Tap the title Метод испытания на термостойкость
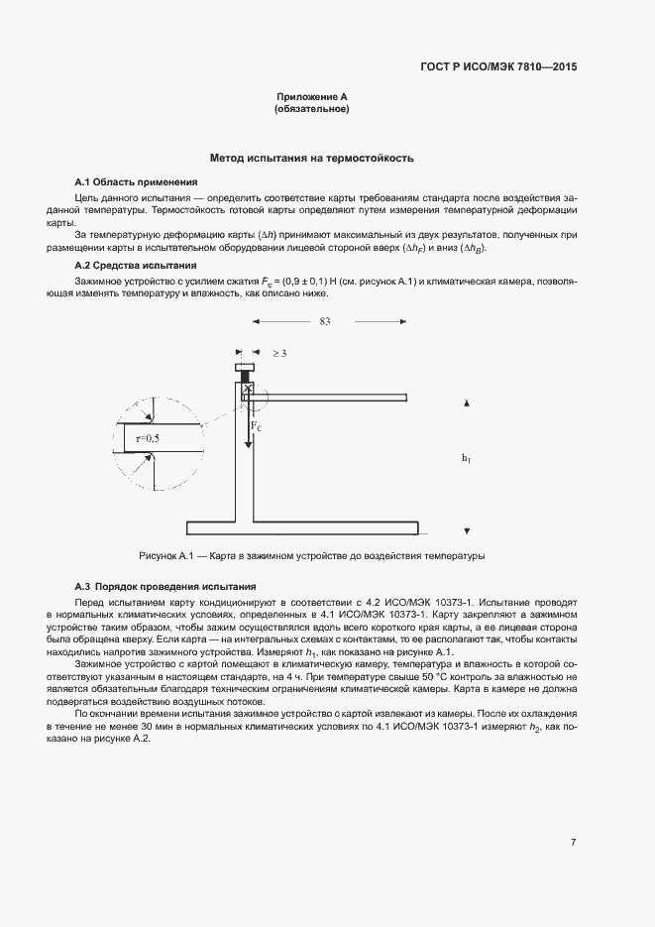[311, 159]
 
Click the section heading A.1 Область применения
[137, 182]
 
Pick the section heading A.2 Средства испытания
[136, 266]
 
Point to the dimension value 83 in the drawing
[325, 321]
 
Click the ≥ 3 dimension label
[279, 352]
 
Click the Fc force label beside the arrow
[256, 425]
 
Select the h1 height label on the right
[466, 457]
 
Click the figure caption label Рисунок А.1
[168, 556]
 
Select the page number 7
[574, 842]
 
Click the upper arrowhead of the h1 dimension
[466, 403]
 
